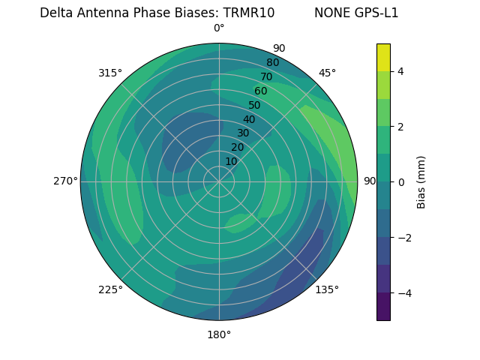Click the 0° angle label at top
coord(219,28)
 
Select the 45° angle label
coord(327,73)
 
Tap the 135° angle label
coord(327,289)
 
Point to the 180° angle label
coord(219,334)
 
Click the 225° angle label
coord(110,289)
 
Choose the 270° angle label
coord(65,181)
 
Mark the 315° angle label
coord(110,73)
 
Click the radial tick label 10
coord(231,161)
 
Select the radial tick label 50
coord(255,105)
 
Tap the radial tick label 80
coord(272,62)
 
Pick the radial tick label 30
coord(243,133)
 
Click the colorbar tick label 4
coord(400,71)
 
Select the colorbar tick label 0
coord(400,182)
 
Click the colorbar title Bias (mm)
coord(421,182)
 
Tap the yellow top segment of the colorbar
coord(383,57)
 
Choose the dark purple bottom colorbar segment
coord(383,307)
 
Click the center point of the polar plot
coord(219,181)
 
